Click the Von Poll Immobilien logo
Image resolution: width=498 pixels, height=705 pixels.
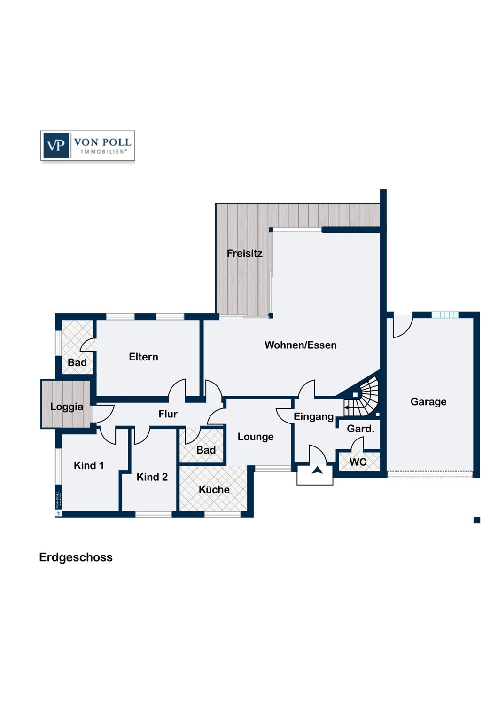pos(88,146)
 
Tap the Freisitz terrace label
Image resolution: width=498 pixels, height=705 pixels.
pos(244,253)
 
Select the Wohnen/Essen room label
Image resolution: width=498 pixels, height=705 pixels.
pos(300,345)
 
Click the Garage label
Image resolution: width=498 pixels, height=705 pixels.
pos(428,402)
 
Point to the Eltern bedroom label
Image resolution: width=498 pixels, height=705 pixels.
pos(143,357)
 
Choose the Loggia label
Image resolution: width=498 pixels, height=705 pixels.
pos(67,407)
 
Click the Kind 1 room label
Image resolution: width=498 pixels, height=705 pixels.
pos(89,465)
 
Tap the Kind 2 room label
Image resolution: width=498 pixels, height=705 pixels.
pos(152,477)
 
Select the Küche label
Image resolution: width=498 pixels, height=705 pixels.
pos(214,489)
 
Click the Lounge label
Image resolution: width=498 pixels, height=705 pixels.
pos(256,437)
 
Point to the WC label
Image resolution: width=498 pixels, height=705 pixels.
pos(358,462)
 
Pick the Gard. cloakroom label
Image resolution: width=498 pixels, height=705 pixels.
pos(360,429)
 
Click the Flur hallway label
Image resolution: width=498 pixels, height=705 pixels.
pos(168,414)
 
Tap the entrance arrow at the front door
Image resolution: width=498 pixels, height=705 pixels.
pos(318,470)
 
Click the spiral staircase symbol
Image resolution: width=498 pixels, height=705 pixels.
pos(362,397)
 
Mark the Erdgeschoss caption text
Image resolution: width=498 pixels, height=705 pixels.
pos(76,557)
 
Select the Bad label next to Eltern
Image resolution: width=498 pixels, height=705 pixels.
pos(77,362)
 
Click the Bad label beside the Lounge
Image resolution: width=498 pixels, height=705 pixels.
pos(206,450)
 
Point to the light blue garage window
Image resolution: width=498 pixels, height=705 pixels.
pos(445,315)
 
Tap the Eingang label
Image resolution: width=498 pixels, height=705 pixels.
pos(314,417)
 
